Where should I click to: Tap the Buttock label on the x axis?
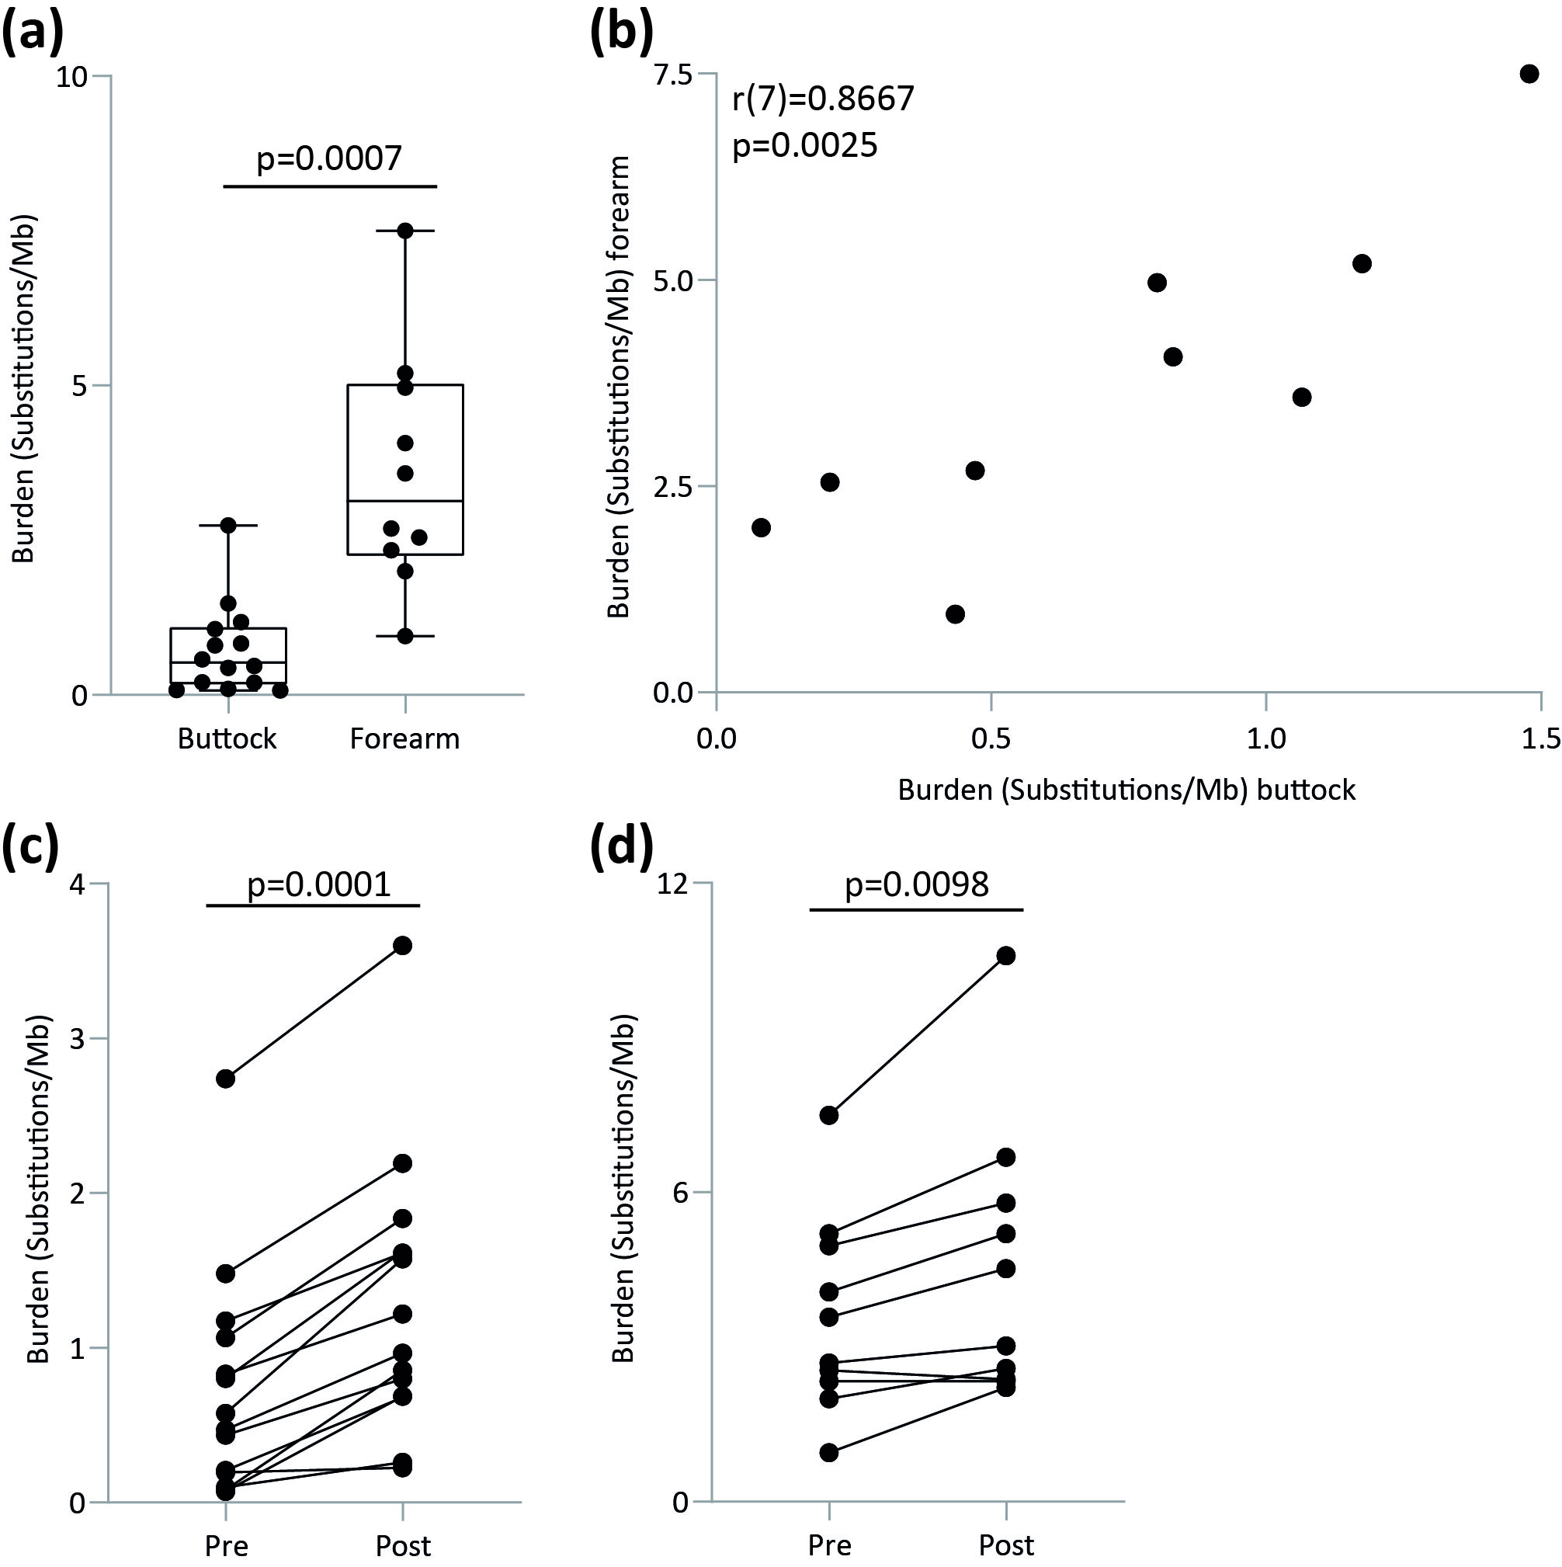pos(227,739)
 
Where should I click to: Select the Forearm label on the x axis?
pos(404,739)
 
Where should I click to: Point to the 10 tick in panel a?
pos(71,77)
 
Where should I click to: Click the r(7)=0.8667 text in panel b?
pos(823,99)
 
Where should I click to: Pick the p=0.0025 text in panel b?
pos(804,146)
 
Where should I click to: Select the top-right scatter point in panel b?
pos(1529,74)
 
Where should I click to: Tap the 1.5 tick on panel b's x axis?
pos(1541,738)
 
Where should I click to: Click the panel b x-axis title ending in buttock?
pos(1126,790)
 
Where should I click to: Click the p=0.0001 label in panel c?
pos(319,884)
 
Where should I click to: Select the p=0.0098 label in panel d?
pos(916,884)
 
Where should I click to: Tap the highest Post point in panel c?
pos(402,946)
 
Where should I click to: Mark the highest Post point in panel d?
pos(1006,956)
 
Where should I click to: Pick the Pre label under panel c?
pos(225,1546)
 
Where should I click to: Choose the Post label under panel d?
pos(1006,1546)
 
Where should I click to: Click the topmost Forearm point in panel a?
pos(404,231)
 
